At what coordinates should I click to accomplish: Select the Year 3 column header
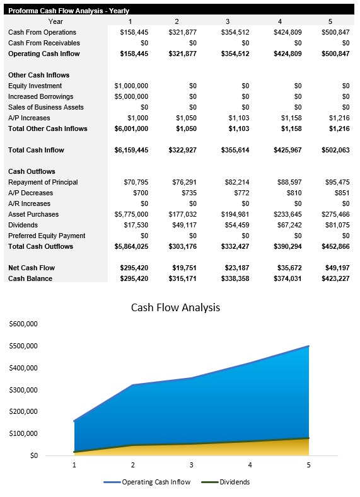click(x=228, y=21)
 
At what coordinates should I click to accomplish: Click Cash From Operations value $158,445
click(x=134, y=32)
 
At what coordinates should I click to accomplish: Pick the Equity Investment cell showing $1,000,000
click(x=131, y=86)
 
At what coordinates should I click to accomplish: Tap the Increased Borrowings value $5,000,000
click(x=131, y=96)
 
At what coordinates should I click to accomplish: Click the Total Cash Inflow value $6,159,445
click(x=131, y=150)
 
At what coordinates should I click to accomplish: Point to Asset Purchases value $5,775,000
click(x=131, y=214)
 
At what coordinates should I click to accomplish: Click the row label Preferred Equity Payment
click(x=47, y=236)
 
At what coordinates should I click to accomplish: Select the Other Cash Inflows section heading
click(x=38, y=75)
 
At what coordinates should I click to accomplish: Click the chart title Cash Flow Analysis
click(x=175, y=308)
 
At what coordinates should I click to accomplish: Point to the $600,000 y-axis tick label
click(x=23, y=324)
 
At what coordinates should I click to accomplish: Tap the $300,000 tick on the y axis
click(x=23, y=390)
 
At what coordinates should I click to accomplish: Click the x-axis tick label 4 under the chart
click(x=250, y=465)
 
